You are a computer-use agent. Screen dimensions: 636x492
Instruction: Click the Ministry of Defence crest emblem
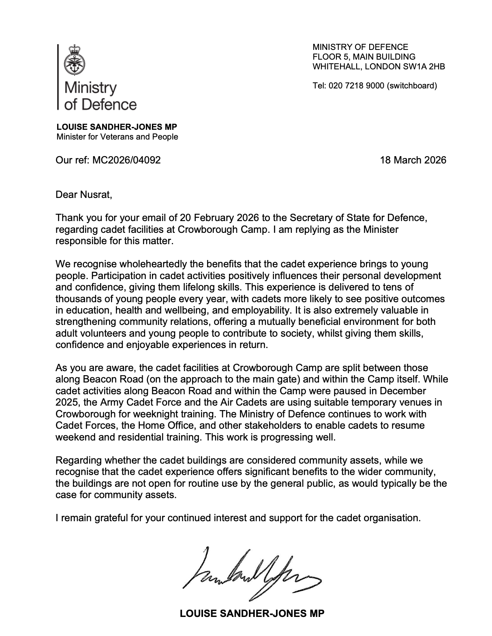coord(74,60)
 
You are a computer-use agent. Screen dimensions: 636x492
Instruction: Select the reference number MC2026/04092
coord(126,160)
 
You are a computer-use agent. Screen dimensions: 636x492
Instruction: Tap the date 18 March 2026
coord(413,160)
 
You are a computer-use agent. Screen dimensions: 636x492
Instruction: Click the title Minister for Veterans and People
coord(117,137)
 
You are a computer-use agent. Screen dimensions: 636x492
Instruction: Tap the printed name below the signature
coord(252,614)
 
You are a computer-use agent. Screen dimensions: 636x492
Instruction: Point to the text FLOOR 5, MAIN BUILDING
coord(364,57)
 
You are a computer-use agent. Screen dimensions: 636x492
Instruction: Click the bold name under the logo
coord(116,127)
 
